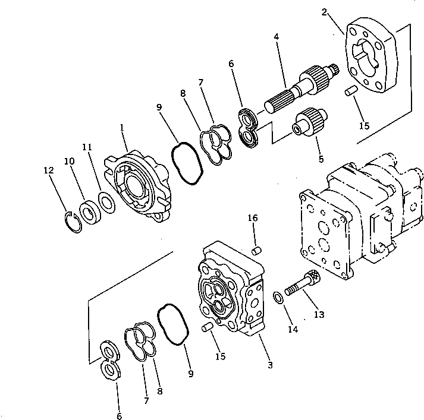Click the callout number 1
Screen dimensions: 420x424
(121, 127)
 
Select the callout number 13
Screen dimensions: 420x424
(319, 314)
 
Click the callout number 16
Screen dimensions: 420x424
(253, 219)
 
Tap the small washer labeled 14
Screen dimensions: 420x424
(278, 296)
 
